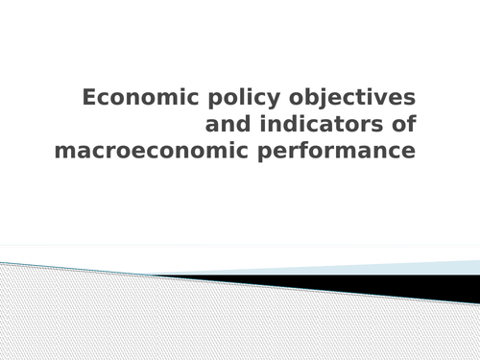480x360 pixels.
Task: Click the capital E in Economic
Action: pos(89,98)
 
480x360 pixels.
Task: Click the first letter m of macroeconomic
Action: pos(63,153)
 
